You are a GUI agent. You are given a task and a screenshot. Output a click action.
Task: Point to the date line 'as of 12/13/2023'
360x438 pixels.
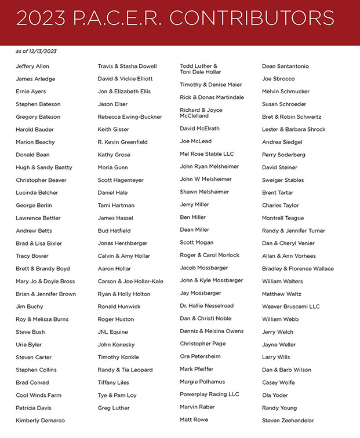coord(36,52)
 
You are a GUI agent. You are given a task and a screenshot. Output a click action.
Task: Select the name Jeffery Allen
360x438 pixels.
coord(33,66)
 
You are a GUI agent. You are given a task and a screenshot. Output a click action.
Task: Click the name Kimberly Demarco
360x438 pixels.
coord(40,421)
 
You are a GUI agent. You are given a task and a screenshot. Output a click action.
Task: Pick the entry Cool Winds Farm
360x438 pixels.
coord(38,395)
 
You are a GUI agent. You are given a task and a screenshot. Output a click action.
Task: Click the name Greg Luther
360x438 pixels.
coord(114,408)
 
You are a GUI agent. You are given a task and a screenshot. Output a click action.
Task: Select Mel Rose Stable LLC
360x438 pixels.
coord(206,154)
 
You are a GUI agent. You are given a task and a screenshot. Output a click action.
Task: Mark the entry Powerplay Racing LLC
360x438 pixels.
coord(209,395)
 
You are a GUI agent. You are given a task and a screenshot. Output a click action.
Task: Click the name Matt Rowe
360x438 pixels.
coord(194,419)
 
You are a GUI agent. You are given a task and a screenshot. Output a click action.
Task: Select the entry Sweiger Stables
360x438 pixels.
coord(283,180)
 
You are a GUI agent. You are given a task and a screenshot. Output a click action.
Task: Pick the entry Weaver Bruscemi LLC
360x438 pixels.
coord(291,306)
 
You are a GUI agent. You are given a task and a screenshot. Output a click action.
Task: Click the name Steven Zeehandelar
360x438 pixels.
coord(288,421)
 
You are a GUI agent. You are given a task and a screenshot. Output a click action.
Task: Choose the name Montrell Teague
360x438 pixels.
coord(283,218)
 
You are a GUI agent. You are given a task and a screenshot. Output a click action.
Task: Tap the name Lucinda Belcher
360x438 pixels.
coord(37,192)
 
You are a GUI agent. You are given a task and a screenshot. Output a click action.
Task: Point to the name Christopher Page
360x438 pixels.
coord(203,344)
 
